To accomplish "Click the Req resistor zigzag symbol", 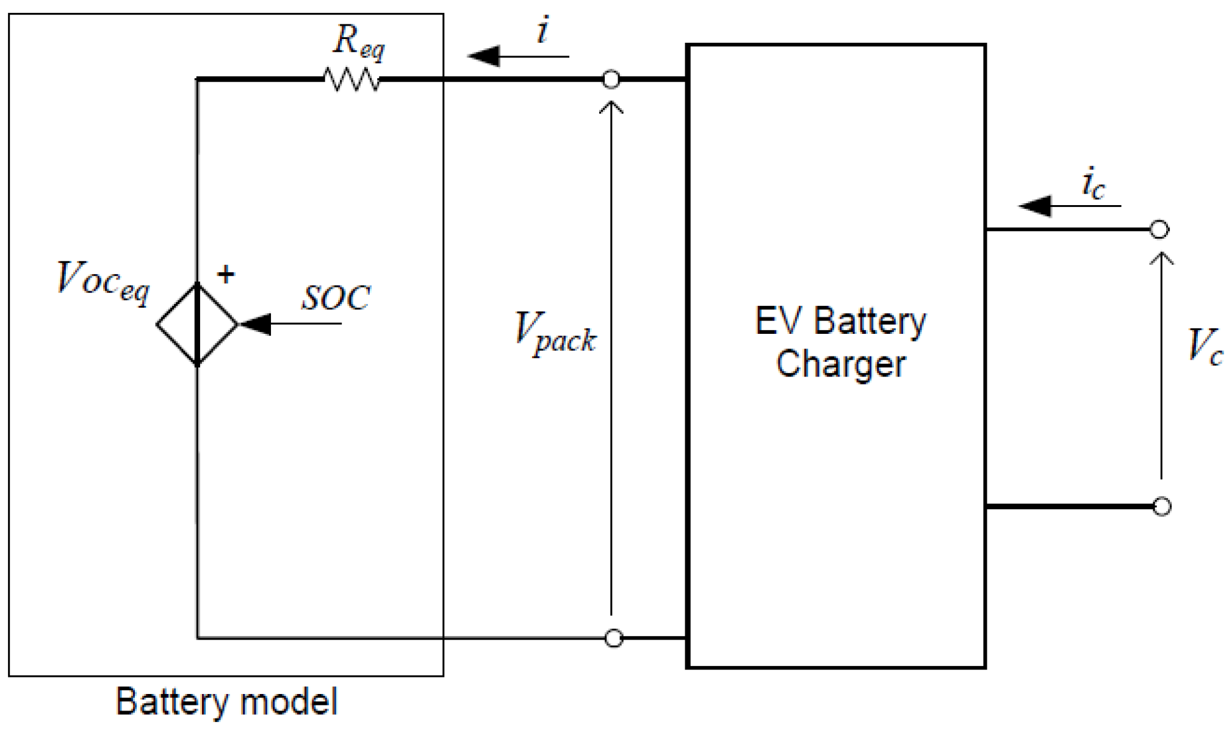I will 351,79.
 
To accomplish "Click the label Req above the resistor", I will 358,41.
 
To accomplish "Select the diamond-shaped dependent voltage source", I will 196,324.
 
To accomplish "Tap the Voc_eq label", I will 103,281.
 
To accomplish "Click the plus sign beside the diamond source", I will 226,274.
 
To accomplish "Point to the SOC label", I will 336,298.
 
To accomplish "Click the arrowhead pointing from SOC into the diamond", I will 256,324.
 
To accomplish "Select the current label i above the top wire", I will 542,31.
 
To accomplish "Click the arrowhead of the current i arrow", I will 485,56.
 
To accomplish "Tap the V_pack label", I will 555,333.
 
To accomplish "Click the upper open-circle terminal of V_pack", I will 611,79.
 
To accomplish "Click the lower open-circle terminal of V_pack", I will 613,638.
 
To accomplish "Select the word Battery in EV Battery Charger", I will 870,321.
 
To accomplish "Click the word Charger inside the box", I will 840,364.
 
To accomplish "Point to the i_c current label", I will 1092,183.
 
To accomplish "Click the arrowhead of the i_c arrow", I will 1036,206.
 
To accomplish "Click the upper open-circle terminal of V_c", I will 1159,229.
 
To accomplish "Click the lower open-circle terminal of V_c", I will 1161,507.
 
